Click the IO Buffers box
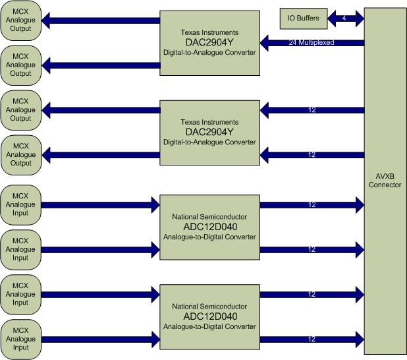pos(303,18)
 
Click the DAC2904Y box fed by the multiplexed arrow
pos(210,43)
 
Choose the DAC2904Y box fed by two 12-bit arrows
pos(210,132)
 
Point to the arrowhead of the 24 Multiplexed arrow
pos(266,43)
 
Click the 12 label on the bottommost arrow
pos(312,339)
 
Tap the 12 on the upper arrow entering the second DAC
pos(312,109)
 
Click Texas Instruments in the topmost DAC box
pos(210,32)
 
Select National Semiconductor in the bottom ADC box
pos(210,307)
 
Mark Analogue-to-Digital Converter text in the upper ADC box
pos(210,237)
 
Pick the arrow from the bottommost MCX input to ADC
pos(99,338)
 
